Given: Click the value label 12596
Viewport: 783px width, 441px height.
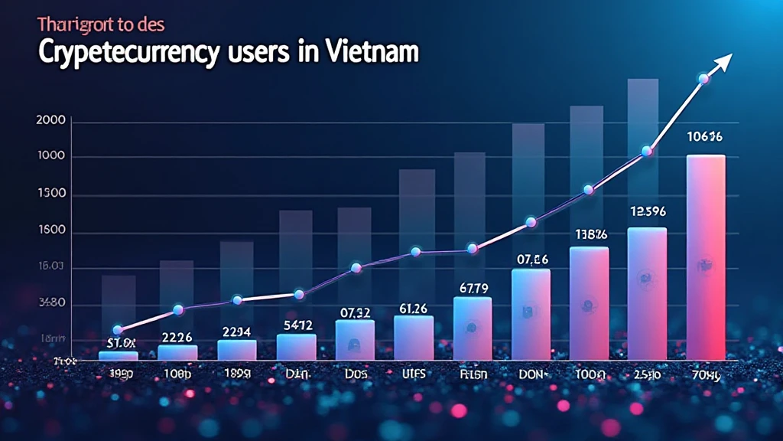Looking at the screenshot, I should tap(647, 211).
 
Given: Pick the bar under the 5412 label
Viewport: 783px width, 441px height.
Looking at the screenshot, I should tap(296, 347).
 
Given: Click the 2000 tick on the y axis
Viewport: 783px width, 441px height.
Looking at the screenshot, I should tap(51, 121).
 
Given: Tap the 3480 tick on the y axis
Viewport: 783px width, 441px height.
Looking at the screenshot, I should tap(51, 303).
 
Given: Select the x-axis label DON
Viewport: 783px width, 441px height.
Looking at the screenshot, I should tap(530, 375).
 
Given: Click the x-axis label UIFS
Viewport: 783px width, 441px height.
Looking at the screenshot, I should tap(413, 375).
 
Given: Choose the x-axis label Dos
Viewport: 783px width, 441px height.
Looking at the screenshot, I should tap(355, 375).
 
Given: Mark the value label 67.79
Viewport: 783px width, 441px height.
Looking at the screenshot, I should tap(472, 288).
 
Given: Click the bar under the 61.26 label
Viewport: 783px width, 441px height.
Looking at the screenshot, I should tap(414, 338).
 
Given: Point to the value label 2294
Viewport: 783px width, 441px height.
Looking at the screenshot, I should tap(236, 331).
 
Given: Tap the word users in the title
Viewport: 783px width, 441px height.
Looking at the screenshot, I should tap(260, 54).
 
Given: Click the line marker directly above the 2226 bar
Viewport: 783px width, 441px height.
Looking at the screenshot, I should tap(178, 310).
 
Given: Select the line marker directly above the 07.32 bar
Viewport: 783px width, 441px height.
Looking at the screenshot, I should tap(356, 268).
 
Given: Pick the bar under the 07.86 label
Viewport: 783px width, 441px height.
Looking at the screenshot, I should tap(531, 314).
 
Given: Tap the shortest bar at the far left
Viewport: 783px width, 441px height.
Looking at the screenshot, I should tap(119, 355).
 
